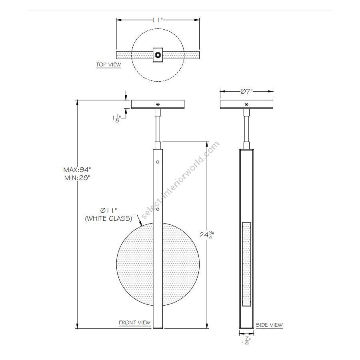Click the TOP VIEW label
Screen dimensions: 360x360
click(108, 64)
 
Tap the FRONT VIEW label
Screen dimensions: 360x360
click(134, 322)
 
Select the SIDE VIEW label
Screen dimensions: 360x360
click(269, 325)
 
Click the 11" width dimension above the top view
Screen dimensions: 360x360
click(158, 19)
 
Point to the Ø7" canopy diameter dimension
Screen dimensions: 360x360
click(247, 91)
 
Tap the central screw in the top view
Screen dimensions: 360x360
click(158, 55)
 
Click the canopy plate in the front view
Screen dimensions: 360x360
click(158, 104)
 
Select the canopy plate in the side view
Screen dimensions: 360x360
click(247, 104)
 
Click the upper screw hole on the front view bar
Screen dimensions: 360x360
click(158, 162)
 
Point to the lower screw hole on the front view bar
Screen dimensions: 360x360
click(158, 209)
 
